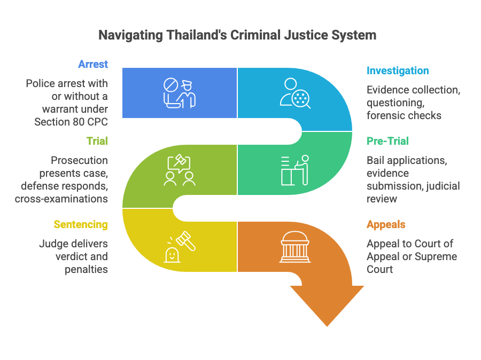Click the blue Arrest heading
[x=92, y=64]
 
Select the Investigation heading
[x=397, y=71]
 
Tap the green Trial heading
[x=97, y=141]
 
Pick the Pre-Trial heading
[x=387, y=141]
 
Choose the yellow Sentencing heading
[x=80, y=224]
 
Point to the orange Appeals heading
[x=386, y=224]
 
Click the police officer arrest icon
[x=180, y=93]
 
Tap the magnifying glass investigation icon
[x=295, y=93]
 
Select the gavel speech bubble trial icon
[x=180, y=171]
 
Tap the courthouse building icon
[x=295, y=247]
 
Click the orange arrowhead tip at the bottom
[x=327, y=323]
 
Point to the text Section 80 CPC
[x=71, y=122]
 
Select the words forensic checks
[x=404, y=115]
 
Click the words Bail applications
[x=407, y=160]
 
